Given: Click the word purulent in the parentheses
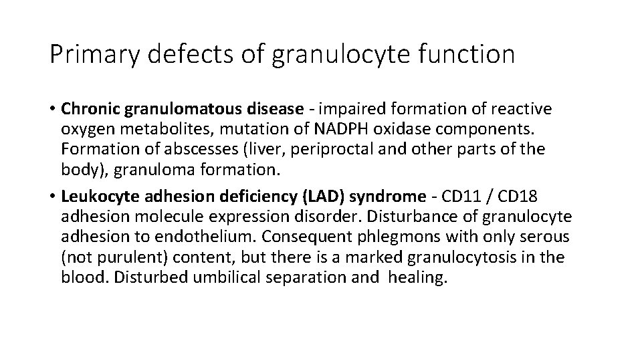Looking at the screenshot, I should click(126, 257).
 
